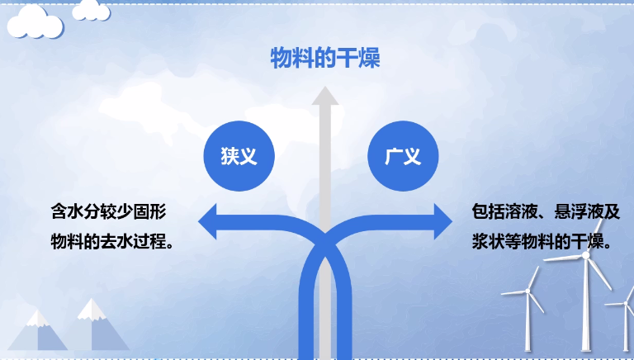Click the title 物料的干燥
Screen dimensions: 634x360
325,58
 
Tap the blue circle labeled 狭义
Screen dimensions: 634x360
239,156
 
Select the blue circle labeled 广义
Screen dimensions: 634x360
403,156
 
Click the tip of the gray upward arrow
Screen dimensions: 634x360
325,87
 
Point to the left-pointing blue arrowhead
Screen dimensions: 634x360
207,221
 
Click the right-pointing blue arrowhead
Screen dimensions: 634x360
443,221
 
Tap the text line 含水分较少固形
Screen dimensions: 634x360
109,211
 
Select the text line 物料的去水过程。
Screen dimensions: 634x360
112,242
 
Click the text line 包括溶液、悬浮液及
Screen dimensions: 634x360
546,211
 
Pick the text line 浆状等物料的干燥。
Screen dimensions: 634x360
542,242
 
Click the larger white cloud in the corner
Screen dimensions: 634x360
35,22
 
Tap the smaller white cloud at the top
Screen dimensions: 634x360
91,11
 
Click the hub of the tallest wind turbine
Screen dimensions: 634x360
585,255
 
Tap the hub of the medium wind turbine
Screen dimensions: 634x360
528,291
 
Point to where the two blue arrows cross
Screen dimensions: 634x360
325,245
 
